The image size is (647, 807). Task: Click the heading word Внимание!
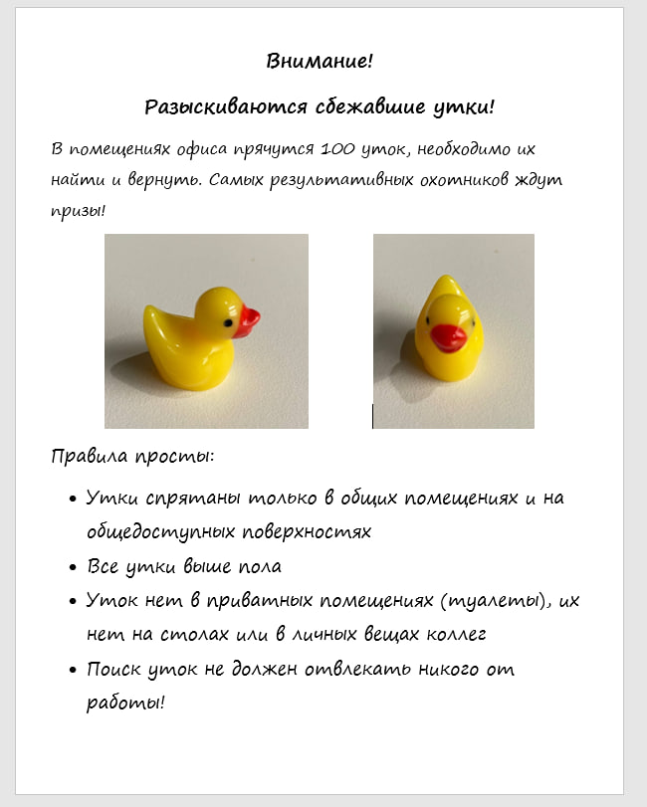(320, 62)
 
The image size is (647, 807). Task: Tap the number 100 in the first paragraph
(339, 149)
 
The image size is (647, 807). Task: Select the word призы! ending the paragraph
(78, 212)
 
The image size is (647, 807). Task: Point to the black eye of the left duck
(228, 320)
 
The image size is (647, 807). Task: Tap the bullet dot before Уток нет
(73, 602)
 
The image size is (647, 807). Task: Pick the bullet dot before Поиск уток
(73, 671)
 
